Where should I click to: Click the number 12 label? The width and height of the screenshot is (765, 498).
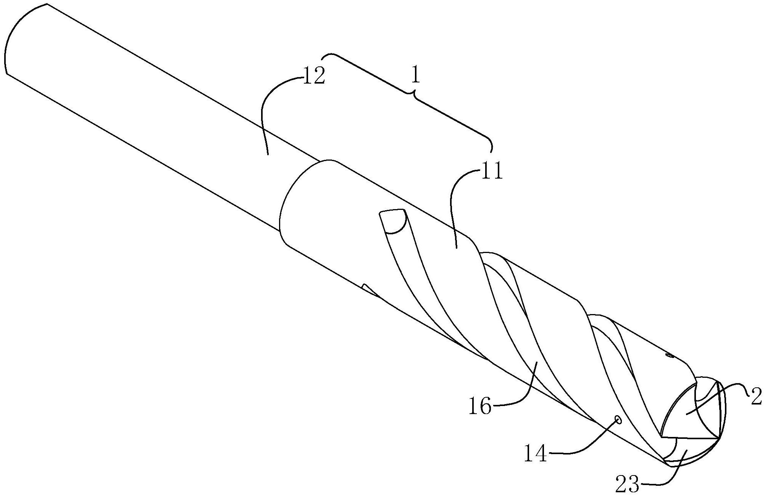coord(314,76)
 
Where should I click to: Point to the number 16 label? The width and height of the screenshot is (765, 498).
coord(480,407)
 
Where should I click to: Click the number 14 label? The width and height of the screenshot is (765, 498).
coord(535,454)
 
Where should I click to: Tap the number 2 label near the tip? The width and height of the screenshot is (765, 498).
coord(756,397)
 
